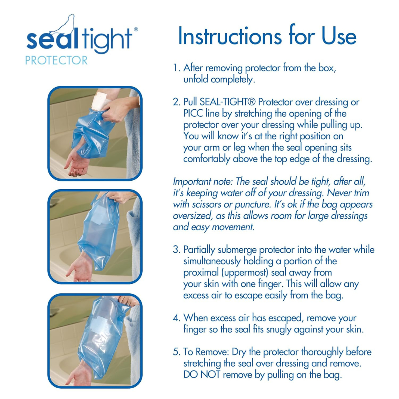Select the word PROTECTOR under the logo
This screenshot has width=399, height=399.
tap(57, 60)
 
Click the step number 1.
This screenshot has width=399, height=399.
tap(176, 68)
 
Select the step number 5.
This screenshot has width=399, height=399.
tap(176, 351)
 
